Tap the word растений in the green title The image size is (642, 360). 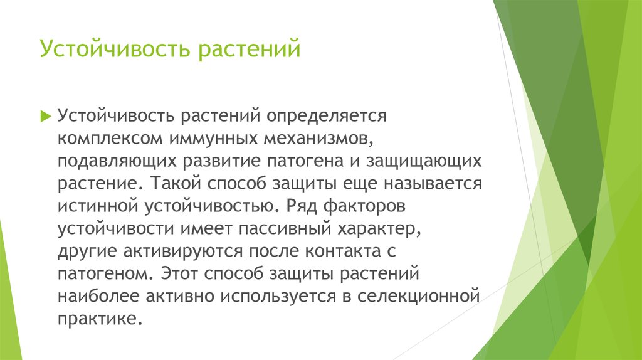[250, 49]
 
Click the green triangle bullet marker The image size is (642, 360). [45, 116]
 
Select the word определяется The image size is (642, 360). [326, 116]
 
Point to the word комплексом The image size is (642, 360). [110, 139]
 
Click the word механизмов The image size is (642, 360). [318, 139]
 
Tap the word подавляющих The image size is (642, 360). [117, 161]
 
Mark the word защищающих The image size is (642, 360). [424, 161]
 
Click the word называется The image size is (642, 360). [433, 184]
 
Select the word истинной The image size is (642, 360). [98, 206]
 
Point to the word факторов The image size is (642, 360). [364, 206]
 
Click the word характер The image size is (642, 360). [379, 229]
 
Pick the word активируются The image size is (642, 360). [183, 251]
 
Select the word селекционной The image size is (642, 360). [418, 297]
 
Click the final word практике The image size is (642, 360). [100, 319]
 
